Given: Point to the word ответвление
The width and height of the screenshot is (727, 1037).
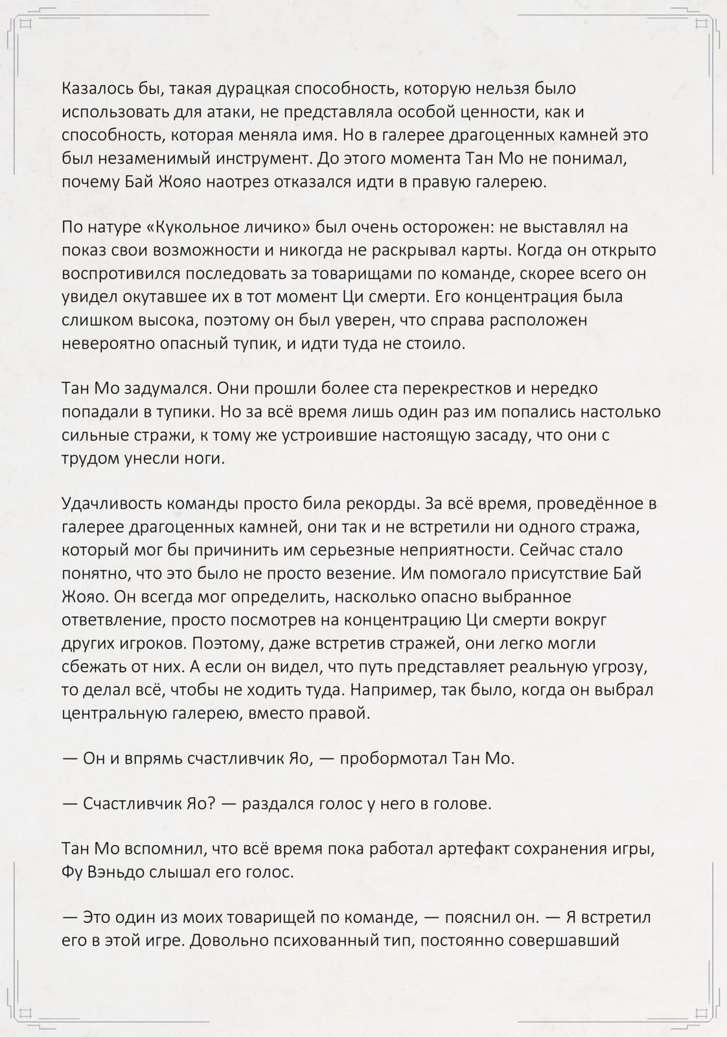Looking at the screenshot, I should (x=114, y=620).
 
